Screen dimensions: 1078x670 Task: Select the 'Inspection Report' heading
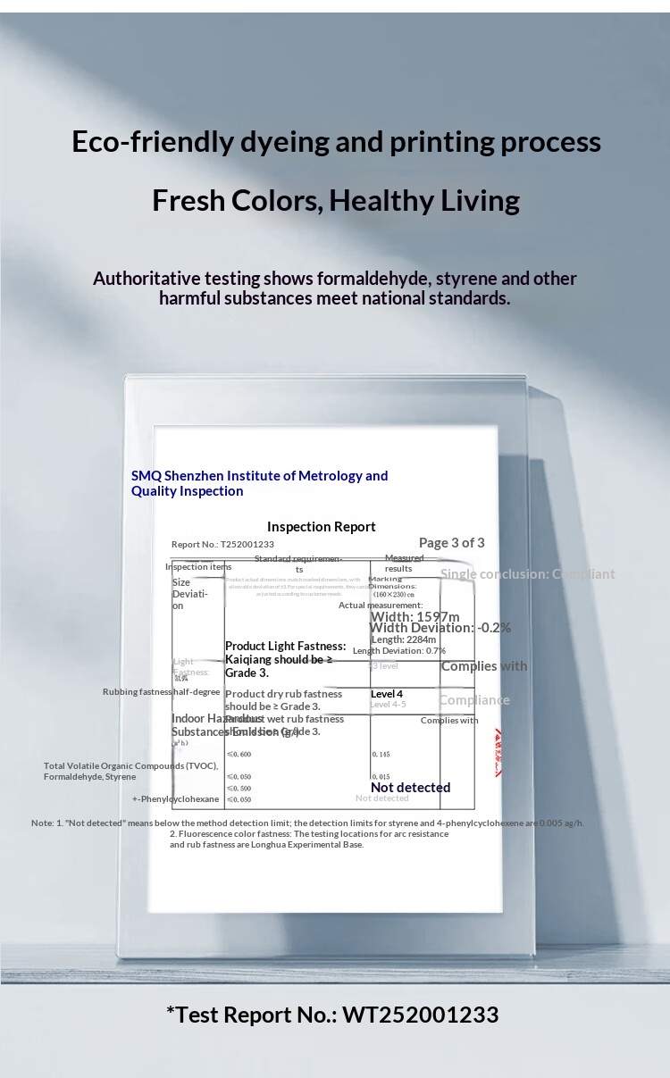point(322,527)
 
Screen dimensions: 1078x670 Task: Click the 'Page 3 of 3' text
point(452,543)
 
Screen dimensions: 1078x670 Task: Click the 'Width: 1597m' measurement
point(415,616)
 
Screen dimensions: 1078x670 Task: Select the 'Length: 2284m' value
point(403,639)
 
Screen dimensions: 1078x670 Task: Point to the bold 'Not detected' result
point(410,788)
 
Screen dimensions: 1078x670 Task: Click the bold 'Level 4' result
point(387,694)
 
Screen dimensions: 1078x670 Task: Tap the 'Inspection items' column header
point(198,566)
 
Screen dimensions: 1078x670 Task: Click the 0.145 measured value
point(381,755)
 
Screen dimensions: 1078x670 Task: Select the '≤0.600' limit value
point(239,755)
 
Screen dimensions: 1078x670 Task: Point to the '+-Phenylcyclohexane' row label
point(176,799)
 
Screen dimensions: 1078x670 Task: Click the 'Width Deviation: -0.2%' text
point(440,628)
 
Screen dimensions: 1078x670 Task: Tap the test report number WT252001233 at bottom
point(420,1015)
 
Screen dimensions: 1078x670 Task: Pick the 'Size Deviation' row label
point(189,594)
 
